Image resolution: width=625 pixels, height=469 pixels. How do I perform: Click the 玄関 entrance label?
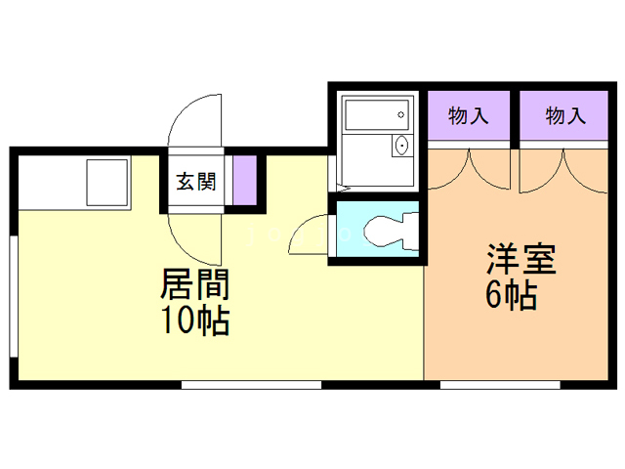click(195, 181)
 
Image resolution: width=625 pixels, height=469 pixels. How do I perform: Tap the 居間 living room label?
click(194, 286)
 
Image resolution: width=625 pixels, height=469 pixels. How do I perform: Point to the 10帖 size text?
click(194, 320)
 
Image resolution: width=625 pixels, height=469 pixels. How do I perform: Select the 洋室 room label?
click(521, 261)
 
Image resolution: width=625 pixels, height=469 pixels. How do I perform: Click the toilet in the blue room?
click(386, 233)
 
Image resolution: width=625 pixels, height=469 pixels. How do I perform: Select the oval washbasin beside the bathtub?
click(400, 148)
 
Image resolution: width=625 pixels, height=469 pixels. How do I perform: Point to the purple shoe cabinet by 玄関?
click(244, 181)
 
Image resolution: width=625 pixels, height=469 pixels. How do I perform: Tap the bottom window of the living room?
click(251, 385)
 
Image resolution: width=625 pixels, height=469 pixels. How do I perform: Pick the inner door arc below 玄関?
click(192, 239)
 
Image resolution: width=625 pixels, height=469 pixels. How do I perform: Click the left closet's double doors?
click(470, 168)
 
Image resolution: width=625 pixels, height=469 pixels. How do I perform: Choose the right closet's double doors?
click(563, 168)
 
